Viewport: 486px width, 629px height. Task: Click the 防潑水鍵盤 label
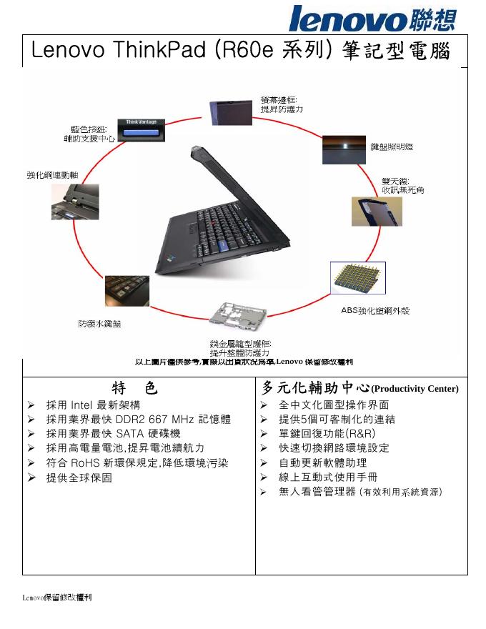[x=99, y=324]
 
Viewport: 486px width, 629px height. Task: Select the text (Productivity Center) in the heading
[x=415, y=390]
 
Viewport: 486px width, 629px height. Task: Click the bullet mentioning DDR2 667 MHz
[x=138, y=420]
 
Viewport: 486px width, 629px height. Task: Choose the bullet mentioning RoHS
[x=137, y=462]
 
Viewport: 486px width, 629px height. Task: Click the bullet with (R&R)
[x=327, y=434]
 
